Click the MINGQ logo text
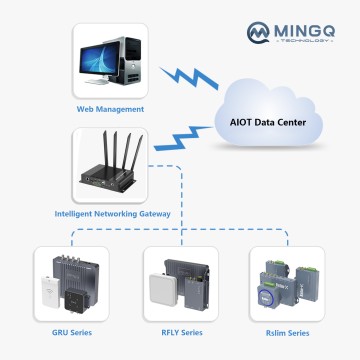tap(300, 31)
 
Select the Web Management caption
tap(111, 108)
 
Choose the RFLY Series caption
tap(180, 331)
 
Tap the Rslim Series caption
tap(291, 331)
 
